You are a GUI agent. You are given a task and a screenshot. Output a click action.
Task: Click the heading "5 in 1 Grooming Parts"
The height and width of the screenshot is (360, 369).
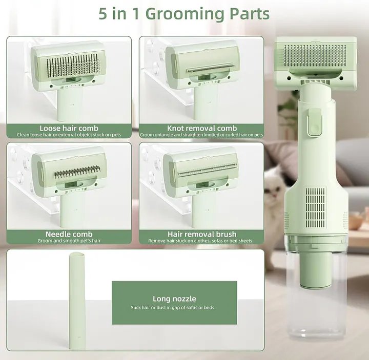click(184, 14)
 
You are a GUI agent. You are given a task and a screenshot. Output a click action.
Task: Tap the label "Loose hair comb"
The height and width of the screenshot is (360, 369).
click(69, 128)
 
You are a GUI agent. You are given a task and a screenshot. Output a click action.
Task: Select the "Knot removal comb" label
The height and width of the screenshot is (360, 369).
click(202, 128)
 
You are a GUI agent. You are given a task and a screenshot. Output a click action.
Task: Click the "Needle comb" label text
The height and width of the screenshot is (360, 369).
click(69, 234)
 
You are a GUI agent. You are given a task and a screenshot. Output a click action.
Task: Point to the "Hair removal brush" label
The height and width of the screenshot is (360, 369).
click(202, 234)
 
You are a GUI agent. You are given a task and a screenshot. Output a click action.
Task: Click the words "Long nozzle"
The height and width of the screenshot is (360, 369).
click(174, 299)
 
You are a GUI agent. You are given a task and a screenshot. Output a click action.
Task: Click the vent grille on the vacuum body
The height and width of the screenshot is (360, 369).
click(316, 207)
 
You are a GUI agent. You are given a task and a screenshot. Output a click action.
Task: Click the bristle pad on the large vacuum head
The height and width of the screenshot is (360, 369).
click(315, 55)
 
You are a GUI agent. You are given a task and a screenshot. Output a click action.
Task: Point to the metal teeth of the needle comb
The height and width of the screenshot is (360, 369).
click(77, 172)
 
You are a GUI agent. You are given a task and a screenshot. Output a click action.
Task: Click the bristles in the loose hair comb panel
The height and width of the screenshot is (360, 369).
click(73, 66)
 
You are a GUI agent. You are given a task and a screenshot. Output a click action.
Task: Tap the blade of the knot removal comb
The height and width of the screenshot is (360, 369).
click(211, 68)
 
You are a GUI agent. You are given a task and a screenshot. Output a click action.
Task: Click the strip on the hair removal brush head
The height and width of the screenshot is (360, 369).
click(207, 171)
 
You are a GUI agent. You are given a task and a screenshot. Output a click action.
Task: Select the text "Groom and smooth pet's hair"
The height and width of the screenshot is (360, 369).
click(69, 241)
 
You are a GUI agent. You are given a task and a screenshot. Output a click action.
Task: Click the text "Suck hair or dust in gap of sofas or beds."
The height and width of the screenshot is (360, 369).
click(173, 308)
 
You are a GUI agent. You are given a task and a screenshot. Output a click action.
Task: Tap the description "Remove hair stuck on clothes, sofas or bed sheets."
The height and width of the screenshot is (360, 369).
click(201, 241)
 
